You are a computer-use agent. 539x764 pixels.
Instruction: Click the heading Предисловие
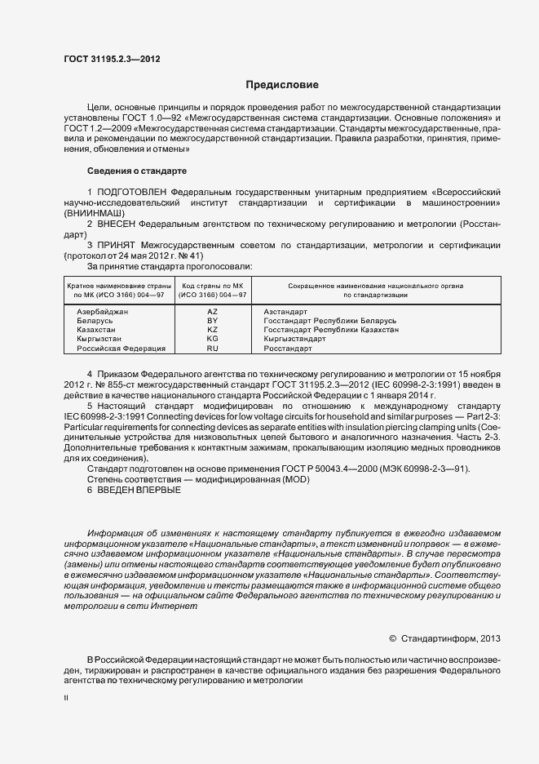(x=282, y=85)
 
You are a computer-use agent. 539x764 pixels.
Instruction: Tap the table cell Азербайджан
(x=103, y=312)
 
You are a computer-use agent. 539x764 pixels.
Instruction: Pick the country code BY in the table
(x=213, y=321)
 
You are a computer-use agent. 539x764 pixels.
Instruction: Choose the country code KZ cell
(x=213, y=330)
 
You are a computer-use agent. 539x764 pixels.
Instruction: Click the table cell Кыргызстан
(x=99, y=339)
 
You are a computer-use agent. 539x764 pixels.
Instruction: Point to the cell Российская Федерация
(x=121, y=348)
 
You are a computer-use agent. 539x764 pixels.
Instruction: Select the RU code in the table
(x=213, y=348)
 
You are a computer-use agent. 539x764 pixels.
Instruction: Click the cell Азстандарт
(x=285, y=312)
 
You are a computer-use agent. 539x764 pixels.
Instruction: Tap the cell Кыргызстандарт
(x=294, y=339)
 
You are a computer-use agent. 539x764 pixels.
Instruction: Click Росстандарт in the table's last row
(x=288, y=348)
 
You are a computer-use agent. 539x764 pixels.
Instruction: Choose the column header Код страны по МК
(x=213, y=286)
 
